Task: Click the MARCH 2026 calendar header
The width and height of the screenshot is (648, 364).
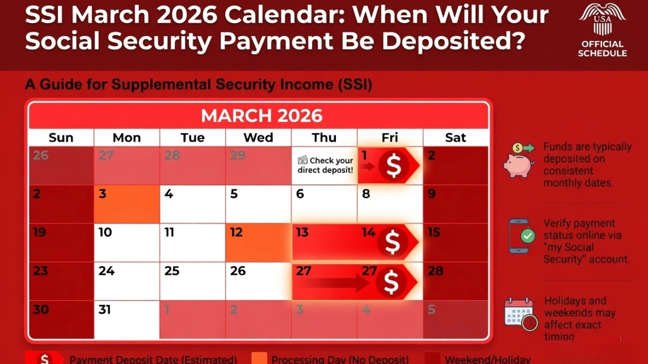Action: (261, 115)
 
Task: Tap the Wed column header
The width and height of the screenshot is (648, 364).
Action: (258, 138)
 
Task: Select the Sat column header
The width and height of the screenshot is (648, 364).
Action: (455, 138)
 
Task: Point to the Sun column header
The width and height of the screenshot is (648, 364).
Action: (61, 138)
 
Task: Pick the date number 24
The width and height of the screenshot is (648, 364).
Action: (106, 271)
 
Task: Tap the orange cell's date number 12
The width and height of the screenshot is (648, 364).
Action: (237, 232)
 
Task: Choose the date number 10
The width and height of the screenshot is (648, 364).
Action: (105, 232)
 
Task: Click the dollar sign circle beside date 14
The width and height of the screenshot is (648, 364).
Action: (393, 242)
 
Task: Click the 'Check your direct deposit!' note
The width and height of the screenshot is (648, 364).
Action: (325, 165)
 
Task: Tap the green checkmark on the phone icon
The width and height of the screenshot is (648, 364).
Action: (528, 236)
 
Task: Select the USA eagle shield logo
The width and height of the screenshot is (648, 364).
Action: (602, 19)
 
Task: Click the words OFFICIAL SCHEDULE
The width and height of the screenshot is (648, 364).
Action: (602, 49)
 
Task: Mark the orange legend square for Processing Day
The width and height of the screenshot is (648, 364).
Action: (260, 359)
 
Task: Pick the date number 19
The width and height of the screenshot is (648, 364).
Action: (40, 232)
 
